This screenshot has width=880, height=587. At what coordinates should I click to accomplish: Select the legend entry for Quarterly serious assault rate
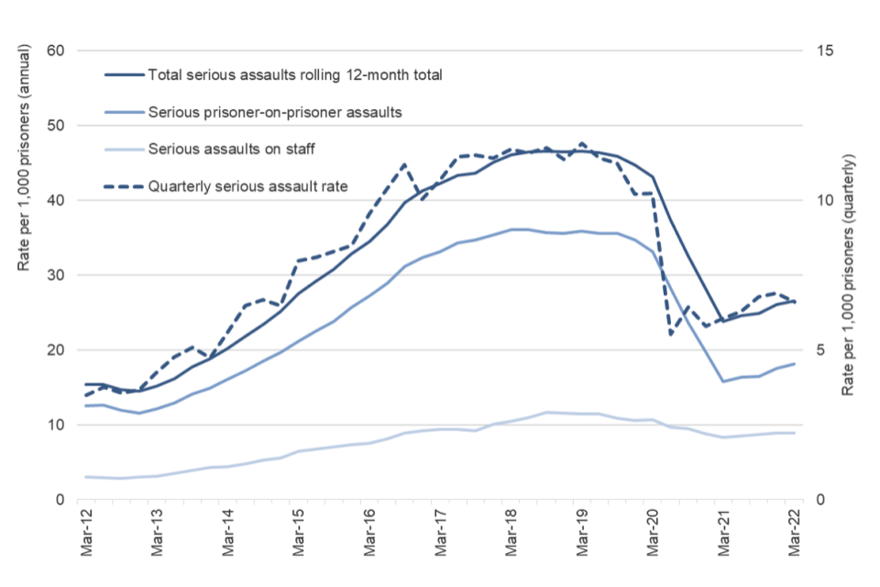247,186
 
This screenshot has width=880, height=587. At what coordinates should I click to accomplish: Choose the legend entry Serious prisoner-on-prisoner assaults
275,112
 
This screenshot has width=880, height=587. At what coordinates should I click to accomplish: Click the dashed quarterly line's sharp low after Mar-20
670,334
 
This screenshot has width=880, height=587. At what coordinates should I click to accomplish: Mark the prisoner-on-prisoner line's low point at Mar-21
723,382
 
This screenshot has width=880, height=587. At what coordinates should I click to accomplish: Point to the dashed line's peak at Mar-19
581,144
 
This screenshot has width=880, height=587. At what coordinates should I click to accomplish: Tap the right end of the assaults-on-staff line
794,433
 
